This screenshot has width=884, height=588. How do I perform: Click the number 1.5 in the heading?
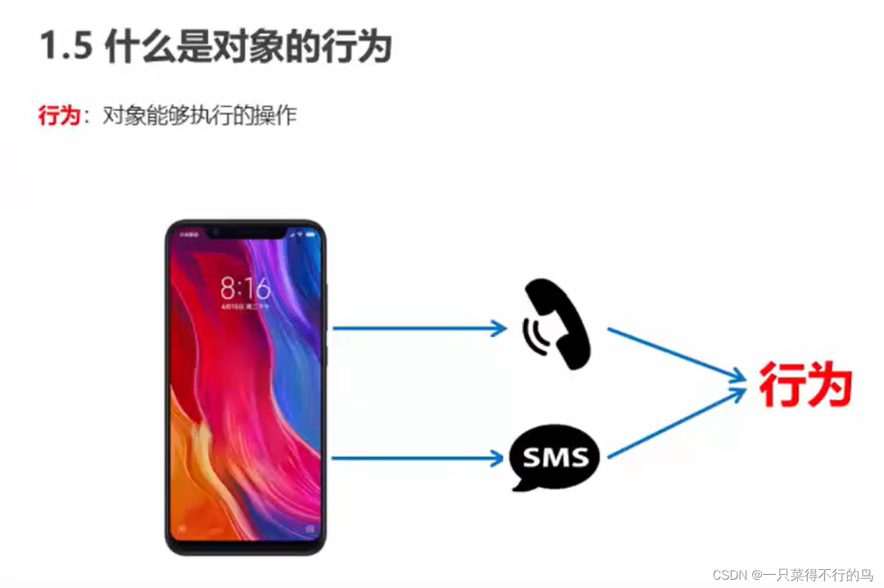(x=67, y=48)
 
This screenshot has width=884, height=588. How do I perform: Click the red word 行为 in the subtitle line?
(x=60, y=115)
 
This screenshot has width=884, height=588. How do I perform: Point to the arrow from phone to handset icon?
(x=419, y=328)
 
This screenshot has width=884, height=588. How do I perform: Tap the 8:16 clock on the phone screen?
(x=245, y=287)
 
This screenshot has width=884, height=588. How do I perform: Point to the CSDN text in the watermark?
(x=729, y=575)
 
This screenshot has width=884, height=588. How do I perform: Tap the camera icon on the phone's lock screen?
(x=309, y=529)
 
